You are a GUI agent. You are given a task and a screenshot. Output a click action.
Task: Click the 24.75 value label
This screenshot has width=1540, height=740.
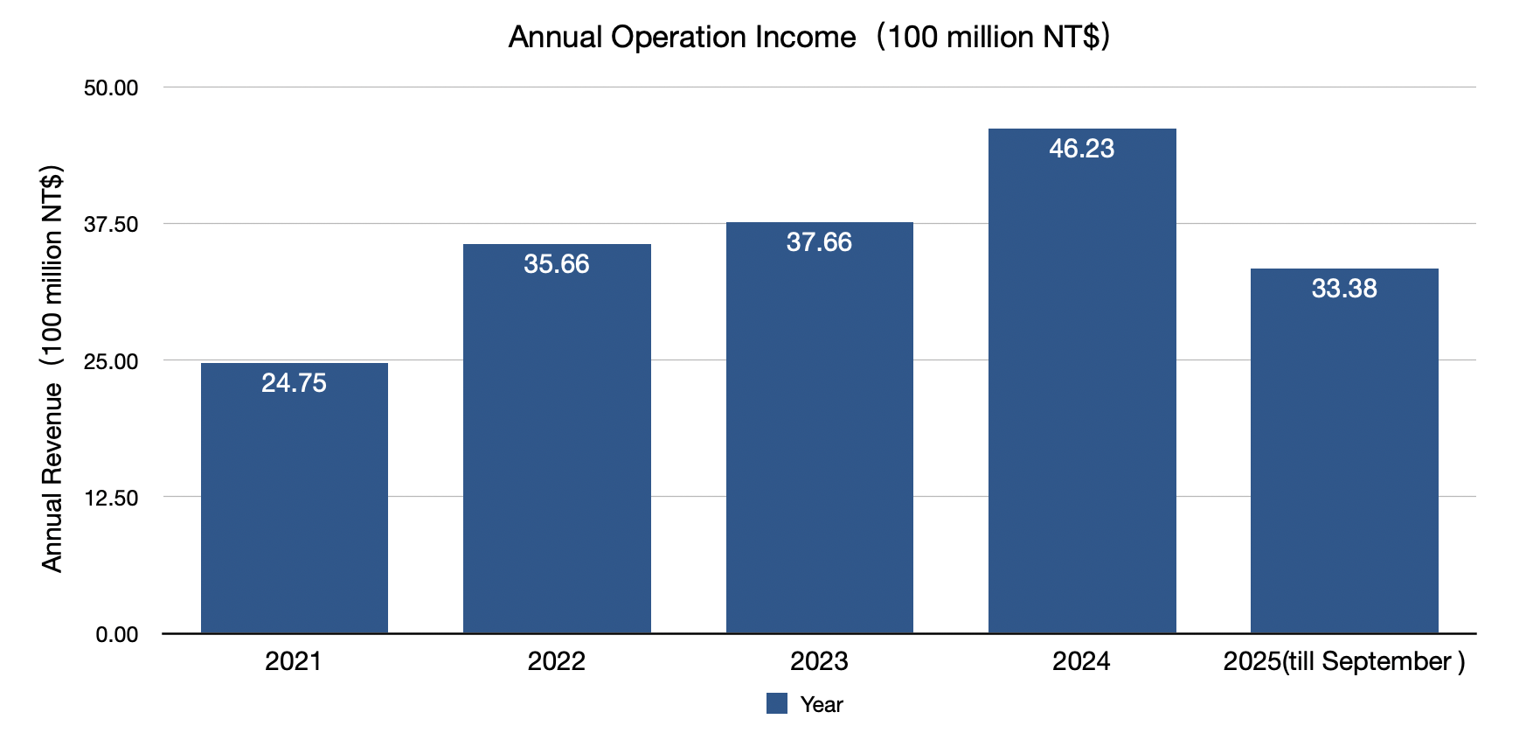295,383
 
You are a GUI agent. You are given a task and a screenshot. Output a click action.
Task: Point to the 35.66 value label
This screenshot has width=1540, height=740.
557,264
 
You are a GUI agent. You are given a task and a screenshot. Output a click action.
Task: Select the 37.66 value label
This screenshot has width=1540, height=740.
819,242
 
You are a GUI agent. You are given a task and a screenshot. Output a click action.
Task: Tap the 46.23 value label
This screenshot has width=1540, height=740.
1082,149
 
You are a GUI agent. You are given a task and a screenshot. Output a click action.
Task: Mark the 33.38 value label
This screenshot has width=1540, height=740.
1344,289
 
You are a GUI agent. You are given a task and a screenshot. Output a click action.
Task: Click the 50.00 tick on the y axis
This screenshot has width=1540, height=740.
111,87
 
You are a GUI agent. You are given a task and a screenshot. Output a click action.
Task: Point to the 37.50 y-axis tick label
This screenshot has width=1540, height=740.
111,225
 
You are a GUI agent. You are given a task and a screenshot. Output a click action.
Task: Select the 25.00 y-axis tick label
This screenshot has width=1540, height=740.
111,361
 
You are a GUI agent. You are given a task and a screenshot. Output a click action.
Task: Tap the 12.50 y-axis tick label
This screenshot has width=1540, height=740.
111,498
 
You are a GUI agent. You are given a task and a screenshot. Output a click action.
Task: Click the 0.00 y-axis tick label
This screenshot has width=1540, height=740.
117,634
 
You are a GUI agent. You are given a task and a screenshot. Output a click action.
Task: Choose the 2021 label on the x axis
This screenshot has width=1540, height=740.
294,661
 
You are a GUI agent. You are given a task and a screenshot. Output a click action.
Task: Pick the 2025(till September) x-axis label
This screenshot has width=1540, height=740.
1344,661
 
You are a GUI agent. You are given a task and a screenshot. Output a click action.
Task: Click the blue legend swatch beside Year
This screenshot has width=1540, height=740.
777,703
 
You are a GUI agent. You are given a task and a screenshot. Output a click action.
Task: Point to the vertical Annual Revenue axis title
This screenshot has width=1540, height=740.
52,367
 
